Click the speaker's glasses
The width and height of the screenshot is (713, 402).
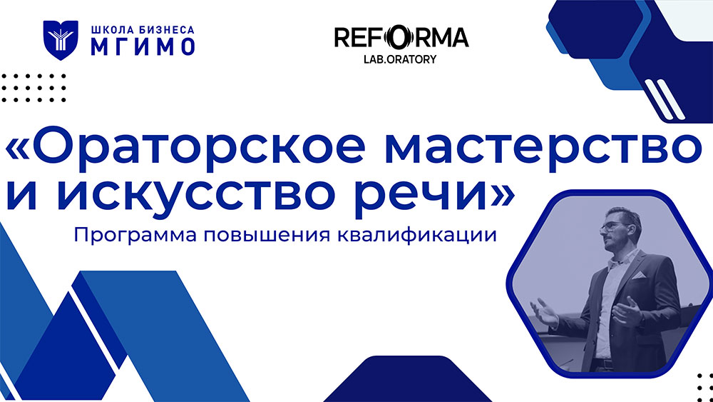(614, 226)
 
